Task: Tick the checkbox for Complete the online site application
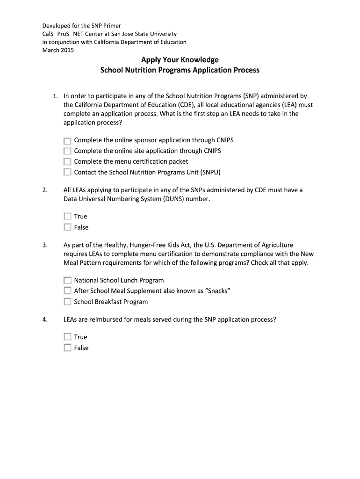67,151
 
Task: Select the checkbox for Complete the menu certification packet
67,162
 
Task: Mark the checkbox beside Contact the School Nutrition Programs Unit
67,173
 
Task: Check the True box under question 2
67,217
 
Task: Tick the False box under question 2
67,227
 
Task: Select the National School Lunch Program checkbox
67,281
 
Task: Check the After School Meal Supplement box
67,291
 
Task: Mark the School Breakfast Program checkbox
67,302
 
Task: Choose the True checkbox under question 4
67,337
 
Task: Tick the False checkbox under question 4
67,348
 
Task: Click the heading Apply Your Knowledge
180,60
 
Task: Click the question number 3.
45,245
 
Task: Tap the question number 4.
45,320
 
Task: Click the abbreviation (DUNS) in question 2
160,199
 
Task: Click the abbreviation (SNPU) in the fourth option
210,173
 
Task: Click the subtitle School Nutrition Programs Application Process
180,71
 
